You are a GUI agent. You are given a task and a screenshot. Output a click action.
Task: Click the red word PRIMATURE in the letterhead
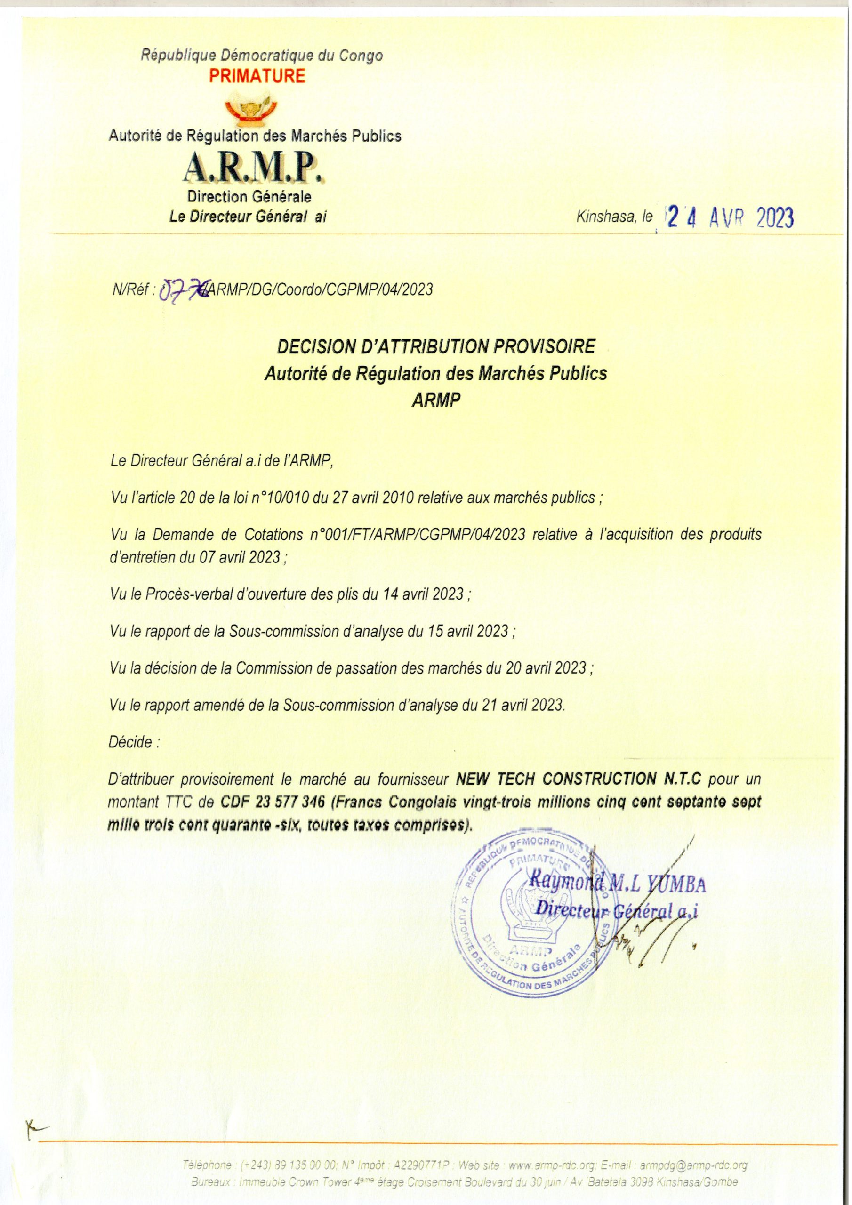click(x=257, y=77)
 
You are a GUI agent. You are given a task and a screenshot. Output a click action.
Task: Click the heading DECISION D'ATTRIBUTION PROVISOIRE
click(x=436, y=347)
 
